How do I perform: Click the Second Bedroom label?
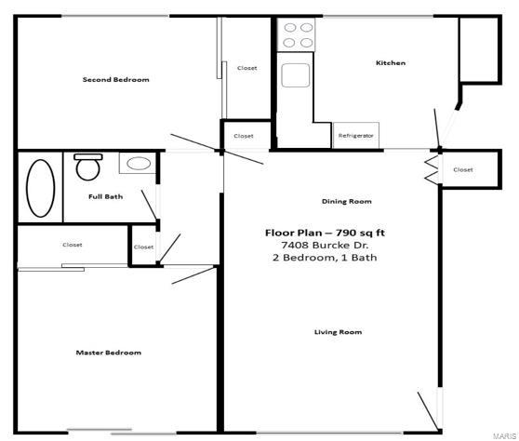pos(115,80)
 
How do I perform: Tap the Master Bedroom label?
pos(109,353)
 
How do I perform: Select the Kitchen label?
pos(390,63)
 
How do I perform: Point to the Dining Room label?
pos(346,201)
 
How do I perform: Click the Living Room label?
pos(338,332)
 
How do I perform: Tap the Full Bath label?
pos(105,196)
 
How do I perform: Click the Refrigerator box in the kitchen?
pos(356,136)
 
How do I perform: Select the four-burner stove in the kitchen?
pos(298,36)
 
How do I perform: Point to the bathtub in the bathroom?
pos(40,189)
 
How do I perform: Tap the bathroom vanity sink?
pos(139,164)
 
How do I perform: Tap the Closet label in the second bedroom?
pos(246,68)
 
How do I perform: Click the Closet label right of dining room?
pos(462,170)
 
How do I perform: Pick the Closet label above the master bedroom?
pos(73,245)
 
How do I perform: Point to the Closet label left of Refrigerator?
pos(243,136)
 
